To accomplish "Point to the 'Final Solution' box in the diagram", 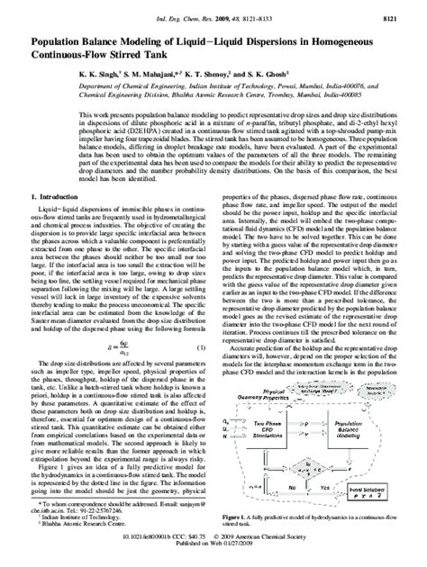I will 373,514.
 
